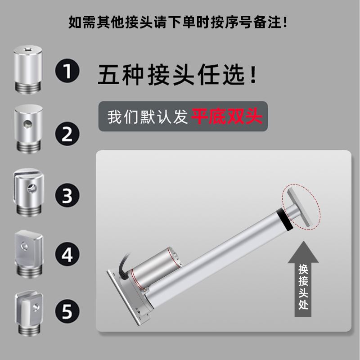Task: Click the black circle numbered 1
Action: pyautogui.click(x=67, y=72)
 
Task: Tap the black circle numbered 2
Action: pyautogui.click(x=67, y=134)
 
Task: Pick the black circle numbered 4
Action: pyautogui.click(x=67, y=255)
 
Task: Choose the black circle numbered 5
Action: pyautogui.click(x=67, y=311)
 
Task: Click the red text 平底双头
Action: pyautogui.click(x=227, y=117)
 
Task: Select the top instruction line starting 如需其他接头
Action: pyautogui.click(x=178, y=22)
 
